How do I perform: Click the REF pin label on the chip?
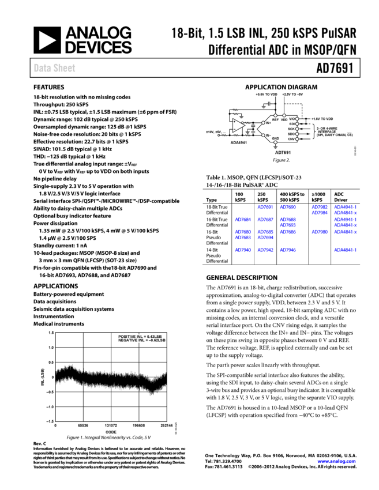[x=275, y=119]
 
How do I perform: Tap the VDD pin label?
[x=284, y=119]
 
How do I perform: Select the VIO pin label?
[x=292, y=119]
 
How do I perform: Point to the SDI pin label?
[x=292, y=124]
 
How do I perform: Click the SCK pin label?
[x=291, y=129]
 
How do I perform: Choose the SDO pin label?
[x=291, y=134]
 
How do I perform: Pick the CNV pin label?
[x=291, y=139]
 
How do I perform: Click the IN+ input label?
[x=268, y=123]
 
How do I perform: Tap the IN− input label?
[x=268, y=135]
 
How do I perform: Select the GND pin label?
[x=275, y=138]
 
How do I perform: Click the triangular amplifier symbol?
[x=238, y=125]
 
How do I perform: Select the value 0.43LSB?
[x=155, y=337]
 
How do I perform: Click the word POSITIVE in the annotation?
[x=127, y=337]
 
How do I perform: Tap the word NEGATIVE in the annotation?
[x=128, y=341]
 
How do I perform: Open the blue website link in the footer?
[x=336, y=461]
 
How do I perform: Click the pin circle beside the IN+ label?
[x=263, y=123]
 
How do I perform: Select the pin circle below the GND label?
[x=275, y=142]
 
